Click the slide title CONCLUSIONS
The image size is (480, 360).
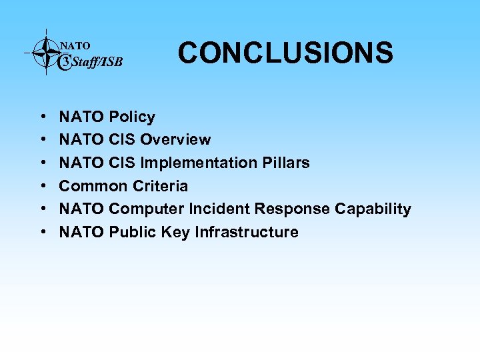coord(285,53)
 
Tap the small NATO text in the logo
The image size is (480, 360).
coord(75,46)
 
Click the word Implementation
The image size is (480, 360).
coord(200,163)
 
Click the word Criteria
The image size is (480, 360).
coord(161,186)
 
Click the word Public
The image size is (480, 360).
coord(131,232)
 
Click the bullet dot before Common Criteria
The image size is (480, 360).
coord(42,187)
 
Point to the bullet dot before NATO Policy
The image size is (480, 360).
coord(42,117)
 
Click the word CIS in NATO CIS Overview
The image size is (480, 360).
coord(122,140)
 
